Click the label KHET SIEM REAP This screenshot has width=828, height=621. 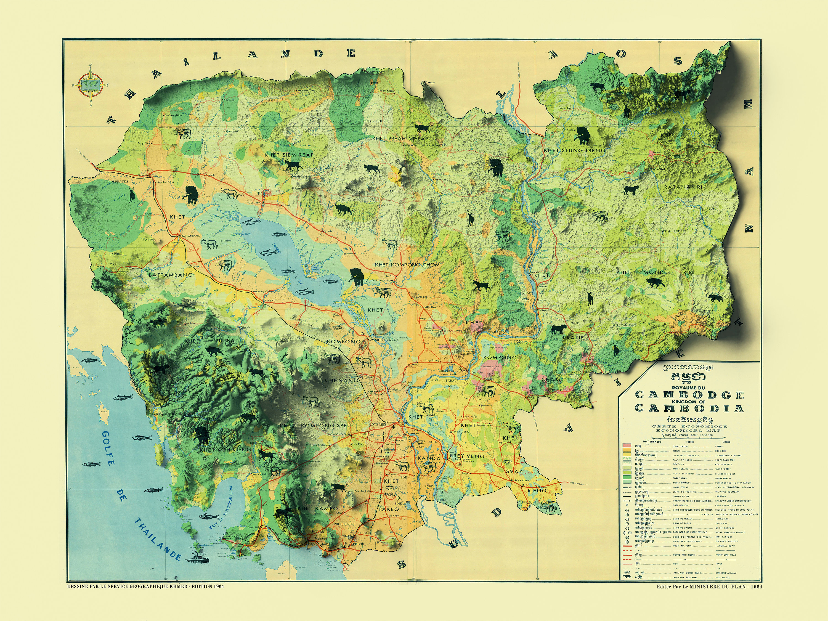289,155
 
